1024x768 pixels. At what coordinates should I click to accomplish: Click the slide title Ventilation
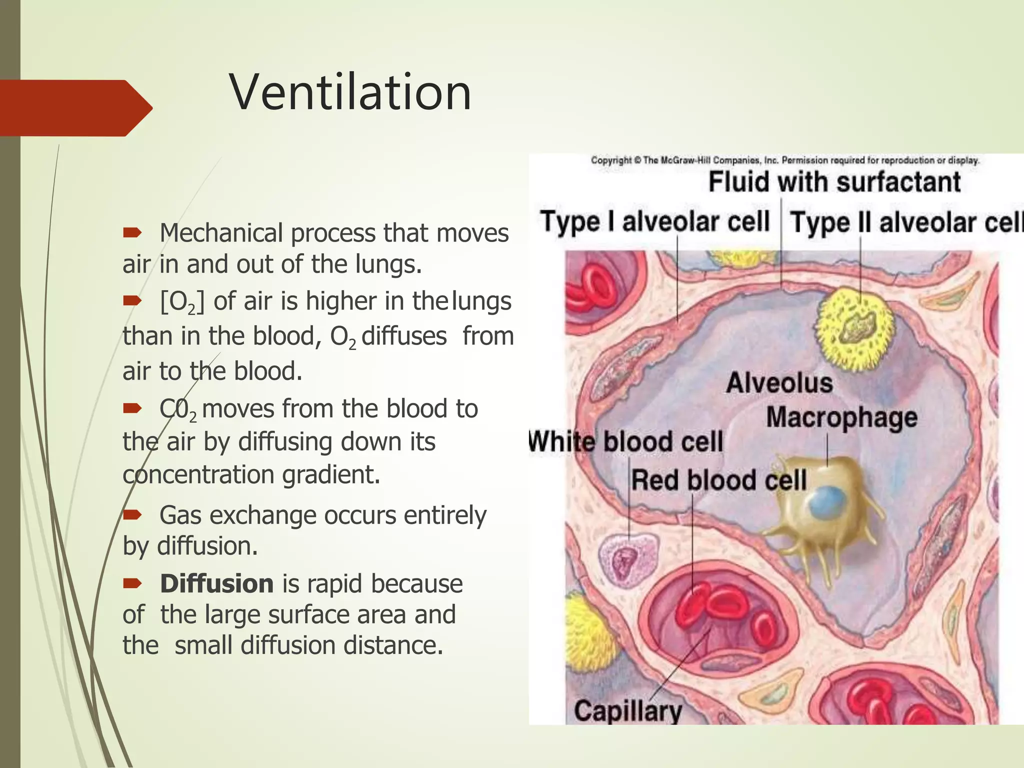(x=350, y=93)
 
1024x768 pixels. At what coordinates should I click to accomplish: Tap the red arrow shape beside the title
(x=75, y=108)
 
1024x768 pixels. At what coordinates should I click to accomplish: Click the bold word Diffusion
(x=216, y=584)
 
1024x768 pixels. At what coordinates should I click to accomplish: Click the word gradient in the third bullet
(x=330, y=474)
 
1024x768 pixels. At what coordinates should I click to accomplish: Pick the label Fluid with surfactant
(x=834, y=181)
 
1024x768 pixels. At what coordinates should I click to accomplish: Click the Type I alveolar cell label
(x=654, y=221)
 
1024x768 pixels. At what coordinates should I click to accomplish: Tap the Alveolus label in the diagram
(x=779, y=383)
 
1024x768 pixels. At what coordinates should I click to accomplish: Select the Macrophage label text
(x=841, y=417)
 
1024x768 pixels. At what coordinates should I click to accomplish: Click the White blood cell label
(x=626, y=442)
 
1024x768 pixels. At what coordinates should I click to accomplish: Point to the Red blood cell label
(x=718, y=480)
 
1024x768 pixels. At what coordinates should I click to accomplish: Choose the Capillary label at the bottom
(x=628, y=710)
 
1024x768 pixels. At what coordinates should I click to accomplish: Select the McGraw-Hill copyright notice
(x=784, y=160)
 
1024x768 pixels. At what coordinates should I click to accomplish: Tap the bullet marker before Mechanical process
(x=132, y=232)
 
